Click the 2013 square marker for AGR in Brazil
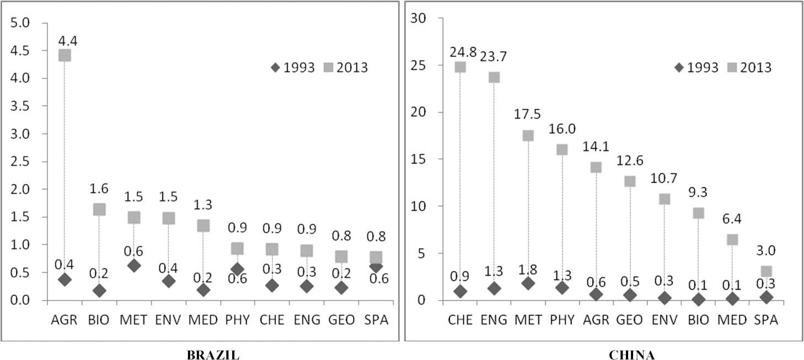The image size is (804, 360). [65, 55]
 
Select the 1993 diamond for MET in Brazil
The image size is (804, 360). [133, 266]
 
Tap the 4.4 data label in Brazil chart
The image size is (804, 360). [65, 39]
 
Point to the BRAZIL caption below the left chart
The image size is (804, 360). [213, 355]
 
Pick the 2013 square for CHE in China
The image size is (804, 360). [460, 67]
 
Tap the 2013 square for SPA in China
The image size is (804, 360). [766, 271]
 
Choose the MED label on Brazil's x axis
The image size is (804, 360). [203, 320]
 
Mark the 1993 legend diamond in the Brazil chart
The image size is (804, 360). [275, 67]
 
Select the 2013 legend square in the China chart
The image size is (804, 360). [732, 67]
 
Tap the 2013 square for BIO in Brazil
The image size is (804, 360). [99, 209]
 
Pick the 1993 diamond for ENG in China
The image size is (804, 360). [494, 288]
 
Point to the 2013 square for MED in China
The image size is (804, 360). [732, 239]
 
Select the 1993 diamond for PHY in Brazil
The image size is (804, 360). [237, 270]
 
